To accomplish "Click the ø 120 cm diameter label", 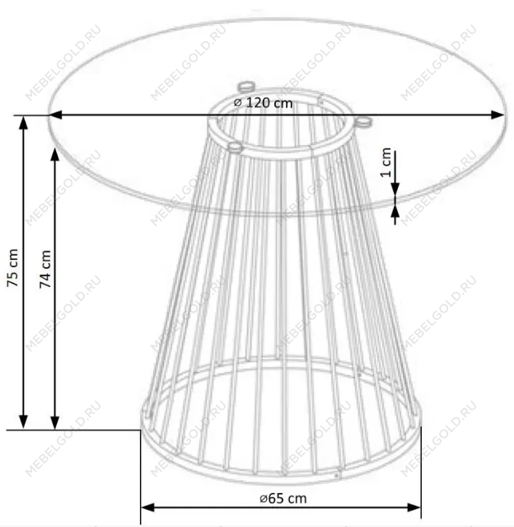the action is click(263, 103).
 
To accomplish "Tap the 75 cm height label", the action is click(12, 267).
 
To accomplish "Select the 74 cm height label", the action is click(45, 269).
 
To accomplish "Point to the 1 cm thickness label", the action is click(385, 162).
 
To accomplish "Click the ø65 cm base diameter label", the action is click(283, 498).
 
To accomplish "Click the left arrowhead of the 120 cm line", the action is click(55, 115).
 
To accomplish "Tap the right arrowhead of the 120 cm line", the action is click(498, 115).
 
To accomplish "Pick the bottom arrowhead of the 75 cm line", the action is click(23, 422).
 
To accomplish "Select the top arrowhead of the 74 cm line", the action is click(55, 154).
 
